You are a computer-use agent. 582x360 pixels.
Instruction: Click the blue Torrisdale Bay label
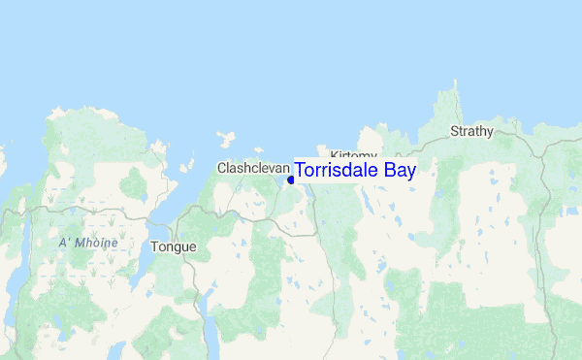[355, 171]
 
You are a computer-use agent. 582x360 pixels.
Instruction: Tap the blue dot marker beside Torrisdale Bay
[291, 180]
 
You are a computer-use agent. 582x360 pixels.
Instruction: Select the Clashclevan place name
[253, 168]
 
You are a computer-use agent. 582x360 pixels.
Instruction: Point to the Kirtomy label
[352, 155]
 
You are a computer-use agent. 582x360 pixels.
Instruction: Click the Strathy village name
[471, 131]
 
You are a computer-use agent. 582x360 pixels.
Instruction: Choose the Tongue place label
[174, 246]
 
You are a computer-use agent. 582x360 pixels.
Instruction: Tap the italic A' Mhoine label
[87, 243]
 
